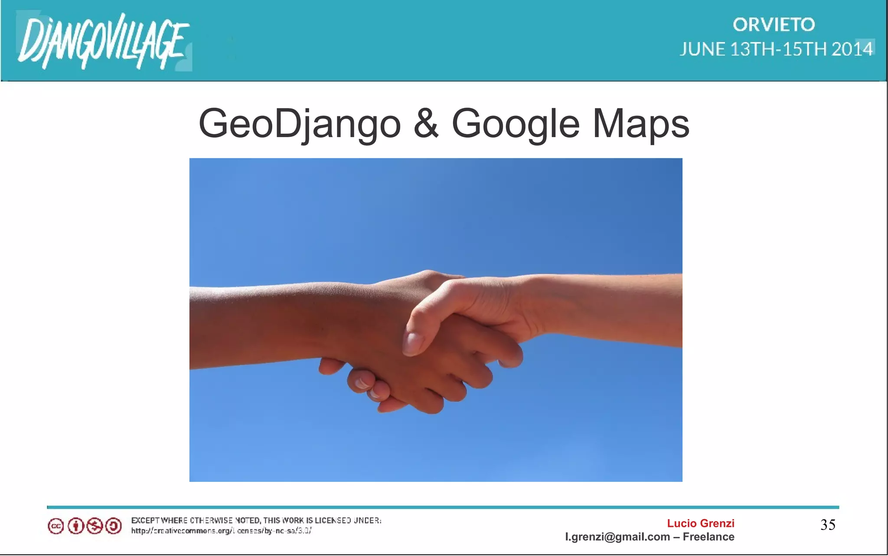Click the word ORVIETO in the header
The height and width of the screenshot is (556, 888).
[774, 25]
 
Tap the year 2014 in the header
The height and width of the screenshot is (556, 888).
[852, 49]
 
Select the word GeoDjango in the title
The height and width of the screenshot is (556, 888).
[300, 124]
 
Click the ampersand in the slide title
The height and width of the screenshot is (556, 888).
[426, 124]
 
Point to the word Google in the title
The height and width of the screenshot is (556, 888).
[516, 124]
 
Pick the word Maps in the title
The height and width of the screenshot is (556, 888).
[640, 124]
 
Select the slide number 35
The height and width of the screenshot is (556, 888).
[828, 525]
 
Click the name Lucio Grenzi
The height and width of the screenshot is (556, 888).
[700, 523]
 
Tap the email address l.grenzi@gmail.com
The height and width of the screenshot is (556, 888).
[617, 537]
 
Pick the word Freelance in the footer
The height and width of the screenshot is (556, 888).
[708, 537]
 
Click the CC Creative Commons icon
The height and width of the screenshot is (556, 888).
[56, 526]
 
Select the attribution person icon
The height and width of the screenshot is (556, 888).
[75, 526]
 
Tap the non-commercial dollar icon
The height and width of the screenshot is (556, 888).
[95, 526]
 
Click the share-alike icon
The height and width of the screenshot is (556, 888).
[114, 526]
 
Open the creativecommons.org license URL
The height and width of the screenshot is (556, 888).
[221, 530]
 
